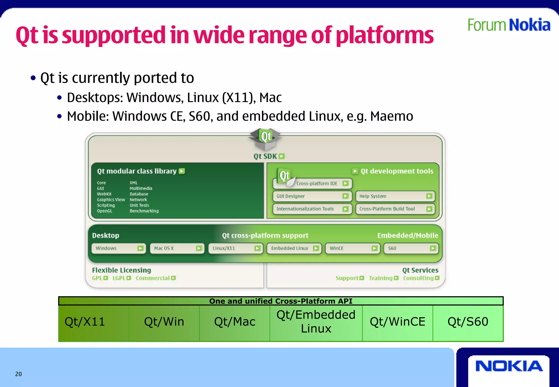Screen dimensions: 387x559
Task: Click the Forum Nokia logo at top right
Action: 509,25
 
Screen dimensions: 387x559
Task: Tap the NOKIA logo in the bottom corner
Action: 509,366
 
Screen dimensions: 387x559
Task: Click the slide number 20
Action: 18,374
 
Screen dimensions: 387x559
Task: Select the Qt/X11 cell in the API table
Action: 85,322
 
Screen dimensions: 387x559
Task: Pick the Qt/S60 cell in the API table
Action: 468,322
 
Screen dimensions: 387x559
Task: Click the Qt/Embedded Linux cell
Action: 316,322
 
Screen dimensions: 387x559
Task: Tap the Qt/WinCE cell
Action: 397,322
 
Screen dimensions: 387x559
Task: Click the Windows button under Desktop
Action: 119,248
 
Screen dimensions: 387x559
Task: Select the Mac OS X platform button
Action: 177,248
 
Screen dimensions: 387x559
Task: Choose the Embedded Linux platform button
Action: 294,248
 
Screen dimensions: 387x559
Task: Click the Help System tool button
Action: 395,196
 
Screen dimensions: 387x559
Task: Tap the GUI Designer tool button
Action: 312,196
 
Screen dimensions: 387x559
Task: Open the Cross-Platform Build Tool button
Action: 395,209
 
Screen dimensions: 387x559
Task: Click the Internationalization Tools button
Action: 312,209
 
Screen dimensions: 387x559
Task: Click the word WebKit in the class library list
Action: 104,194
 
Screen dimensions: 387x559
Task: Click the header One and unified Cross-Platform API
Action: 281,301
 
